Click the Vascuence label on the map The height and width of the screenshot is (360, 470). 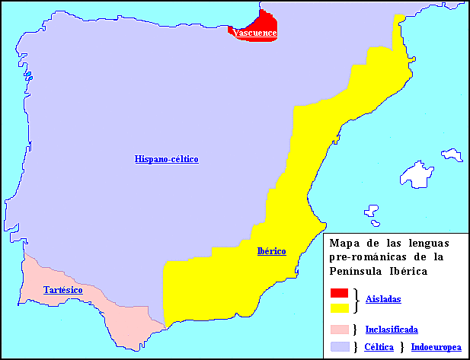pos(255,33)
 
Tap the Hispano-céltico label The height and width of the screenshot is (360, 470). pos(167,159)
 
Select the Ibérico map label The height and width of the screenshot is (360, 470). pos(272,251)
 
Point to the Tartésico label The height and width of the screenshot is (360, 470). pos(63,290)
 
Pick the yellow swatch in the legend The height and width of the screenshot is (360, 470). pos(340,307)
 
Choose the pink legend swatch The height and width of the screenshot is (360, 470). pos(340,330)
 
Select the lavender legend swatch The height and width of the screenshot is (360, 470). pos(340,347)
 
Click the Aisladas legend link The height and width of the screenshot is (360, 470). pos(383,300)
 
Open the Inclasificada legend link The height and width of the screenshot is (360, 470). pos(392,330)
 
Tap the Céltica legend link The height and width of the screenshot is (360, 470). pos(379,347)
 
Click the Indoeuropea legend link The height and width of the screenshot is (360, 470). pos(436,347)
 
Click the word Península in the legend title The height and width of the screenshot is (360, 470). pos(358,271)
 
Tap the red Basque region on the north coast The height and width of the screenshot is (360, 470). pos(259,23)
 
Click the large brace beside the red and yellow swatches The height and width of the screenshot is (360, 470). pos(356,301)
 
